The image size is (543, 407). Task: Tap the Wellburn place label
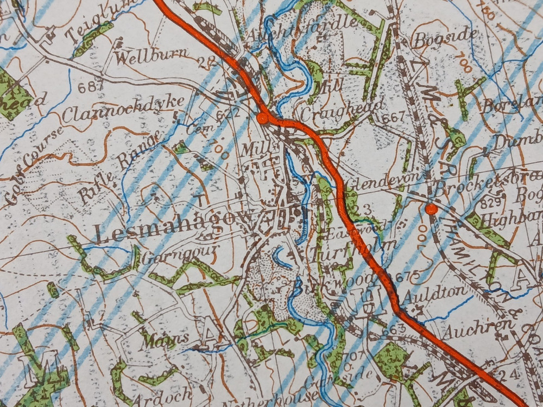pos(151,56)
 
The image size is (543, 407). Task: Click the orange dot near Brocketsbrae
pos(431,209)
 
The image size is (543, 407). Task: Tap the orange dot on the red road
pos(262,118)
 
